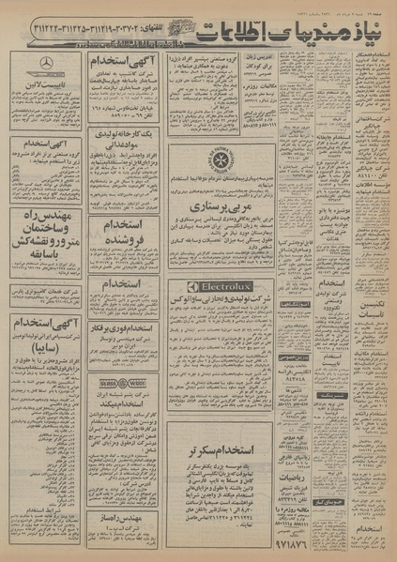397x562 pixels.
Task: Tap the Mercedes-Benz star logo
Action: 45,63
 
